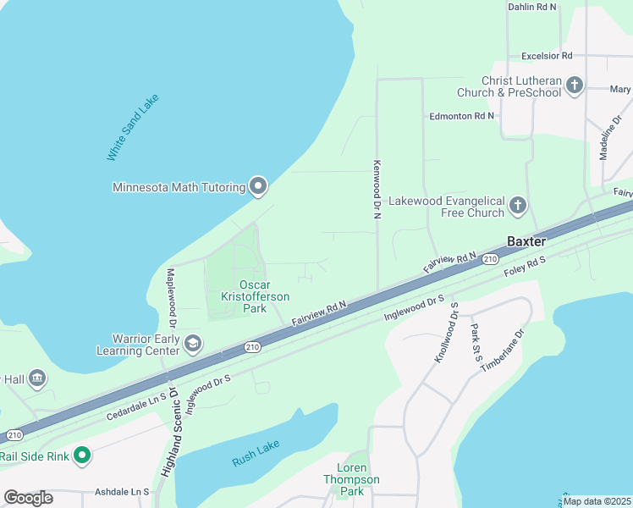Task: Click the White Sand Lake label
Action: click(132, 128)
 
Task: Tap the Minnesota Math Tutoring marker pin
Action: click(258, 187)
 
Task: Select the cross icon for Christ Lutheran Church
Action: click(575, 85)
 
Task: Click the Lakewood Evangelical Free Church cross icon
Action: click(518, 205)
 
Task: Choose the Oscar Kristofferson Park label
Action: click(254, 296)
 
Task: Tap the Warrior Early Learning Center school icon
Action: click(193, 343)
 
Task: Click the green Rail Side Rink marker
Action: click(82, 456)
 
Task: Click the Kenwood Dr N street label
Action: click(377, 190)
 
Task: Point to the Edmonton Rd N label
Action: click(462, 115)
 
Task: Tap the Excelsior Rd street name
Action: click(547, 55)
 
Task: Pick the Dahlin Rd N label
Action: click(532, 7)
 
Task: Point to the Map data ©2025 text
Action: click(596, 500)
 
